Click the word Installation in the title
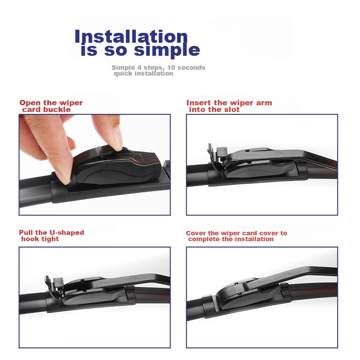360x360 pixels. pos(131,36)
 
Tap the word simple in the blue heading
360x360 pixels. pos(167,50)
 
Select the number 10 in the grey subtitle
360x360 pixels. pos(171,67)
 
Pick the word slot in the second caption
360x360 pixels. pos(232,109)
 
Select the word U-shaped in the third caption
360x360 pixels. pos(67,233)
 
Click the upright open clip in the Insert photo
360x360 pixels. pos(217,156)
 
